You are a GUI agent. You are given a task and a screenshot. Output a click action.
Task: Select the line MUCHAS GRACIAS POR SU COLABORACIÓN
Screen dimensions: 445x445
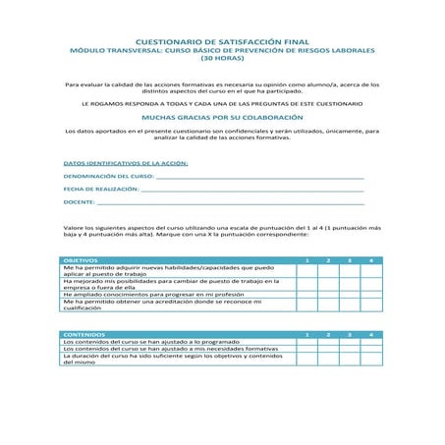221,115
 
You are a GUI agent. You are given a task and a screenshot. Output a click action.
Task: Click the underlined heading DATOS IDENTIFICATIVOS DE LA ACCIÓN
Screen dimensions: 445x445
125,162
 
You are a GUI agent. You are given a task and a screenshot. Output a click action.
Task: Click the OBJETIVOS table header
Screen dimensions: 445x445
83,259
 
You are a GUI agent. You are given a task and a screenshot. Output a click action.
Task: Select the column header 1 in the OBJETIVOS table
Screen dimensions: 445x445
306,259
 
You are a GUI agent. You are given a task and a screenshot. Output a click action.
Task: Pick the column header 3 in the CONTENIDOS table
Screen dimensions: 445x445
350,335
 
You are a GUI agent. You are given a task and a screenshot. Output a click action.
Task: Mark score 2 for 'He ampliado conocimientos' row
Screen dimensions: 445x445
328,294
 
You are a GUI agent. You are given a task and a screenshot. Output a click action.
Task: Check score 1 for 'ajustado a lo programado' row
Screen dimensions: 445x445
306,342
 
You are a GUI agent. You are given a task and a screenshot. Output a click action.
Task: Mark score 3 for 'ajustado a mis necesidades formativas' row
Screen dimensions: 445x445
350,349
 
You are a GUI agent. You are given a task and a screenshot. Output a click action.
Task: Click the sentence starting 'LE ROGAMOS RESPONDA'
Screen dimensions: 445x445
221,102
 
